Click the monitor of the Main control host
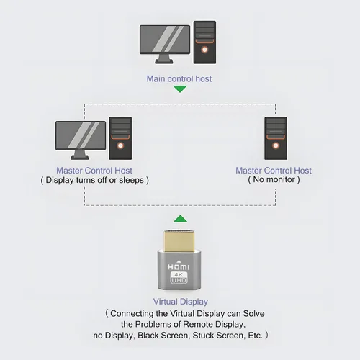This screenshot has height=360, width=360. [x=165, y=44]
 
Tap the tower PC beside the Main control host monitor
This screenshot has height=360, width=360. [x=204, y=42]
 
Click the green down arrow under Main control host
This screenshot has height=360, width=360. [x=180, y=89]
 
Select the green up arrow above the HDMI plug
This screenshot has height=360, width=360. [x=180, y=219]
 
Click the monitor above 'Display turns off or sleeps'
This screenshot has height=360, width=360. [x=81, y=140]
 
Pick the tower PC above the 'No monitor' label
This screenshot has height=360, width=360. [x=276, y=138]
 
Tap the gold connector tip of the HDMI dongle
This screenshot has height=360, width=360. [x=179, y=241]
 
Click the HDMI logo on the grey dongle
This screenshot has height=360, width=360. [x=179, y=267]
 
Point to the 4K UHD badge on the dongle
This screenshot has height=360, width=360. [x=179, y=277]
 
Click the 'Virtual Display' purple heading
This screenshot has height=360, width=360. [x=181, y=302]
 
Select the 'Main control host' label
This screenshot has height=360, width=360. [x=179, y=78]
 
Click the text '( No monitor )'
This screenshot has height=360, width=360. [x=274, y=179]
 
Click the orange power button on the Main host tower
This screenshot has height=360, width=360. [x=204, y=50]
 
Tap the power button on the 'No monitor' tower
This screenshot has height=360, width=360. [x=276, y=145]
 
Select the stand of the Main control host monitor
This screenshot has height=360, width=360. [x=164, y=59]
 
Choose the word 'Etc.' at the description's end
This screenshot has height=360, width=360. [x=255, y=336]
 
